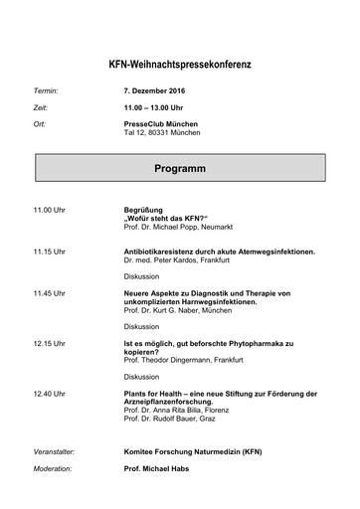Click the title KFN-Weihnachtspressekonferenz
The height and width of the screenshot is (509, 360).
180,65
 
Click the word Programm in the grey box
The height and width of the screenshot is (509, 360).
180,169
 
